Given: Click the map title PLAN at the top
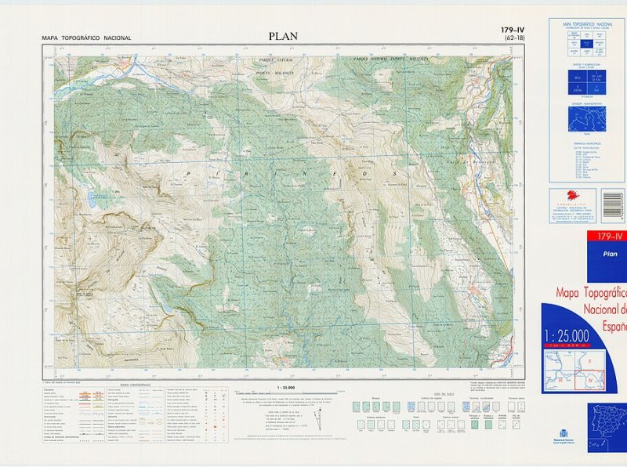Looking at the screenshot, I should pyautogui.click(x=283, y=36).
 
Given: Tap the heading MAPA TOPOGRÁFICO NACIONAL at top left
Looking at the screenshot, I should pyautogui.click(x=86, y=38).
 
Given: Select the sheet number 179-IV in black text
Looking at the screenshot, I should pyautogui.click(x=516, y=31).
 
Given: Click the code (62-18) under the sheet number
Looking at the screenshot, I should pyautogui.click(x=516, y=38).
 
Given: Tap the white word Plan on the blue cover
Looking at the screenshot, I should pyautogui.click(x=609, y=255).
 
